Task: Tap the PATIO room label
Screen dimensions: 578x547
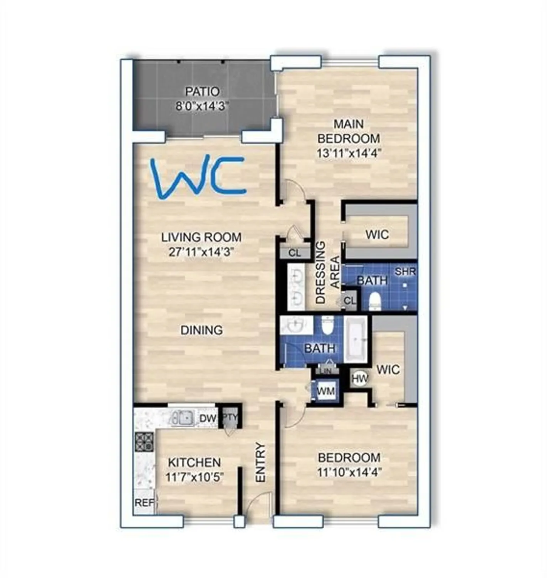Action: point(202,92)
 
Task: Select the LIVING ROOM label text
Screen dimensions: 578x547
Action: point(201,237)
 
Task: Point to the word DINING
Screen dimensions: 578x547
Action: point(201,330)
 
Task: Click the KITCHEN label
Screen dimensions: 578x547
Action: point(194,462)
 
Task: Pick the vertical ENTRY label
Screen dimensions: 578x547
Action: point(261,462)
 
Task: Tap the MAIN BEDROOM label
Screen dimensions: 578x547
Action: point(349,131)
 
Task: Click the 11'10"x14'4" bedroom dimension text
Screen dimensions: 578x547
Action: point(349,472)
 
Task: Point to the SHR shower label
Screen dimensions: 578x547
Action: point(405,271)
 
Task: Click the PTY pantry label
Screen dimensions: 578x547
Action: point(230,418)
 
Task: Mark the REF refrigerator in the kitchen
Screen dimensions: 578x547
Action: point(144,502)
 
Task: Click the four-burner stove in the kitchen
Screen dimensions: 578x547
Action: point(144,442)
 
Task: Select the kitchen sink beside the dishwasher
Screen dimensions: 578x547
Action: point(182,417)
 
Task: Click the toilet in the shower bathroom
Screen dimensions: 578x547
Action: point(374,301)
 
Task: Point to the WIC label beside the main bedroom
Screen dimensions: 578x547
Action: point(377,235)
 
